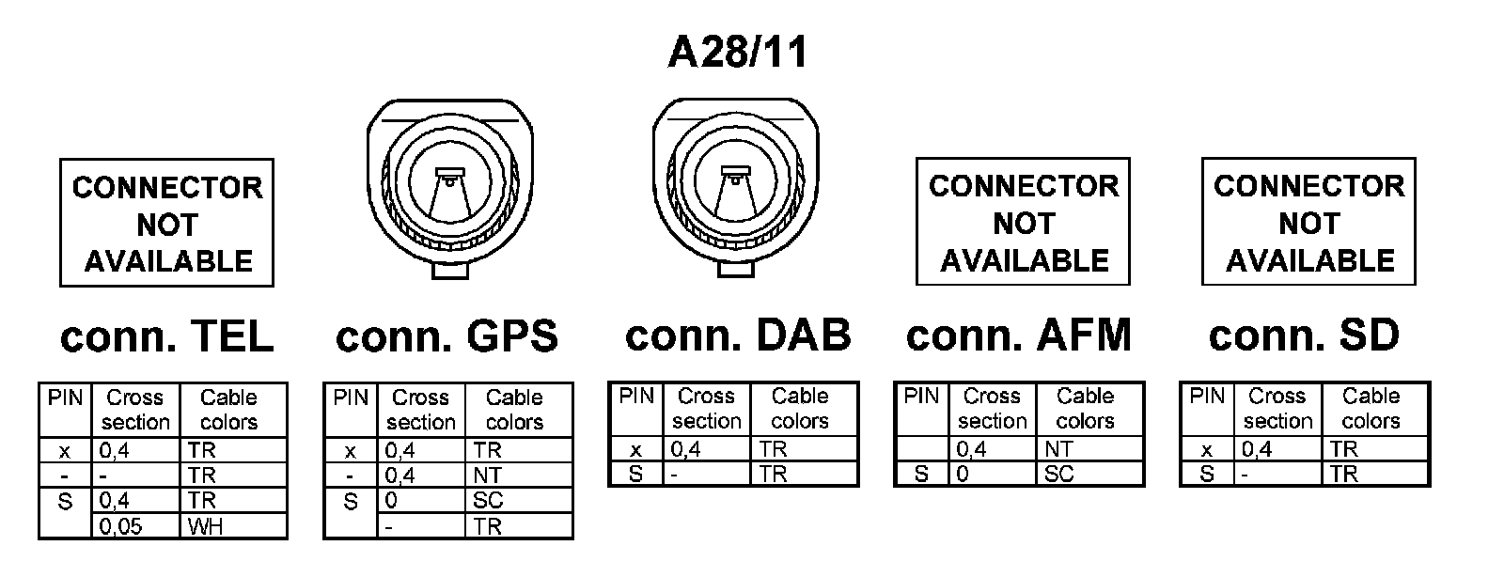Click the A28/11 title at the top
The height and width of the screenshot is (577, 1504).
(x=737, y=52)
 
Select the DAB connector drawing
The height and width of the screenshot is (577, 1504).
(x=736, y=184)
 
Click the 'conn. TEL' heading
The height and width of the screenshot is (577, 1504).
(x=166, y=336)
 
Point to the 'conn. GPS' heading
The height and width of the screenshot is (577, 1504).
(x=446, y=336)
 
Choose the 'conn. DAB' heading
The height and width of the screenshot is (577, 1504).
(x=738, y=335)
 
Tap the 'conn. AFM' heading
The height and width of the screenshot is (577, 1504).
(x=1019, y=335)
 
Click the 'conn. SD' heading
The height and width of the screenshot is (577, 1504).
(x=1304, y=335)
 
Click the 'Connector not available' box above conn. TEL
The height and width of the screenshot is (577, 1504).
(x=166, y=223)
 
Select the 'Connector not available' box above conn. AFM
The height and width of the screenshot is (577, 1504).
(x=1023, y=222)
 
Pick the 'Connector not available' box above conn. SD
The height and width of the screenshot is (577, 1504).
(x=1308, y=222)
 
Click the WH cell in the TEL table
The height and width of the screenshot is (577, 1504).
(x=232, y=526)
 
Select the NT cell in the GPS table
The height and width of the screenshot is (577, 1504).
(x=518, y=476)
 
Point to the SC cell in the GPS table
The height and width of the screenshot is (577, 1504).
(x=518, y=501)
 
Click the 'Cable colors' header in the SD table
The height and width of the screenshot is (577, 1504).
(x=1374, y=409)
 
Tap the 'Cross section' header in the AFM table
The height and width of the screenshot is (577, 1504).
(x=992, y=409)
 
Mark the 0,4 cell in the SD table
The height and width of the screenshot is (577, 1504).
(x=1278, y=450)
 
